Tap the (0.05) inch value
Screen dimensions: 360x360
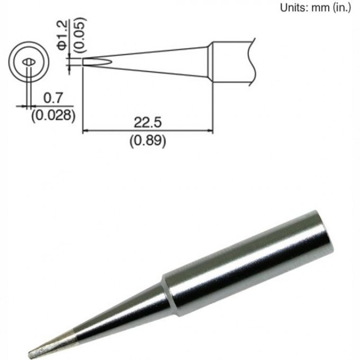coord(79,35)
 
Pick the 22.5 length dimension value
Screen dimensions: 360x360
coord(148,123)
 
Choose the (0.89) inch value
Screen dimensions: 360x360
coord(148,140)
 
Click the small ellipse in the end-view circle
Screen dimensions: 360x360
coord(28,62)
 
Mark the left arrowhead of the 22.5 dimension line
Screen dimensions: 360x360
coord(86,132)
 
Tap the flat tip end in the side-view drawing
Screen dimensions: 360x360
coord(84,62)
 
